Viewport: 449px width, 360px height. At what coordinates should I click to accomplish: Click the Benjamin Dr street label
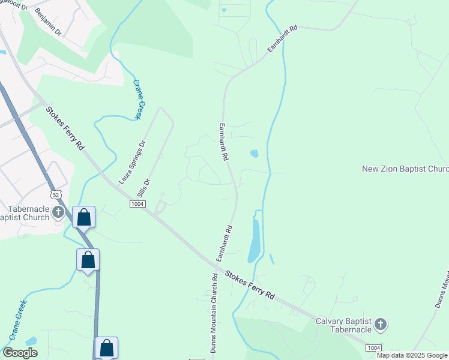point(49,21)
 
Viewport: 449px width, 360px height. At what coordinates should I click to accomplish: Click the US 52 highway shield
point(56,195)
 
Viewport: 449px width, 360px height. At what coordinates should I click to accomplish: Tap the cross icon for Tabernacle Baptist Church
point(58,211)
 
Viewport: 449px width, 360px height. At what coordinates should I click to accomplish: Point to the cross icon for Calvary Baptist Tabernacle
point(379,325)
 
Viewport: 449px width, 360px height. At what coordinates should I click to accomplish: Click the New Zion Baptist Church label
point(405,169)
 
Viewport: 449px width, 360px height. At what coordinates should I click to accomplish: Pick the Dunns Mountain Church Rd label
point(213,313)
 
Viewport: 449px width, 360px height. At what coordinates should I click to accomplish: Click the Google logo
point(20,353)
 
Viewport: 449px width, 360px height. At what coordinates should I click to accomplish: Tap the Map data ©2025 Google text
point(412,355)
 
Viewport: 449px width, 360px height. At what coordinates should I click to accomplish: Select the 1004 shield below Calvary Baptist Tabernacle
point(373,347)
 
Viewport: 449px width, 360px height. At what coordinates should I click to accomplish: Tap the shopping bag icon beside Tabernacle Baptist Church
point(84,217)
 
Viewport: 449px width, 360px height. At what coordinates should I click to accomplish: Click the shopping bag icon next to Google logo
point(106,347)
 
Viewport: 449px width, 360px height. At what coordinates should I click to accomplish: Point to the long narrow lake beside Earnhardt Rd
point(255,238)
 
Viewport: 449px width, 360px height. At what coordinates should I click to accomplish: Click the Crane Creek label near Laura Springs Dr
point(139,99)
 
